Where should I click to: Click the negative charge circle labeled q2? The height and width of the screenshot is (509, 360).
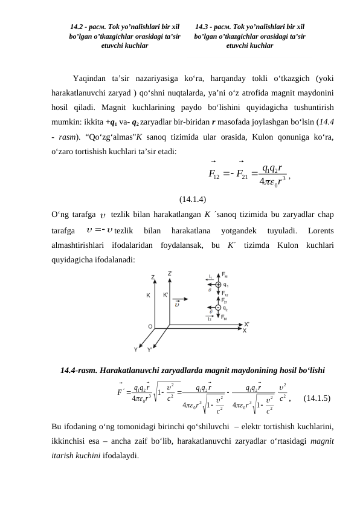(218, 308)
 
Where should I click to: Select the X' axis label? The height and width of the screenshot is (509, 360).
(246, 325)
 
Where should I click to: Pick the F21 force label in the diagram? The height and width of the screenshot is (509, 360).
(225, 300)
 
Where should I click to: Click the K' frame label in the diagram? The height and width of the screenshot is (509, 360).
(166, 296)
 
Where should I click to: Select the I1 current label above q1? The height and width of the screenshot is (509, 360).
(210, 276)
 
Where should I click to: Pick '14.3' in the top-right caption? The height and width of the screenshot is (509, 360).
(205, 27)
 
